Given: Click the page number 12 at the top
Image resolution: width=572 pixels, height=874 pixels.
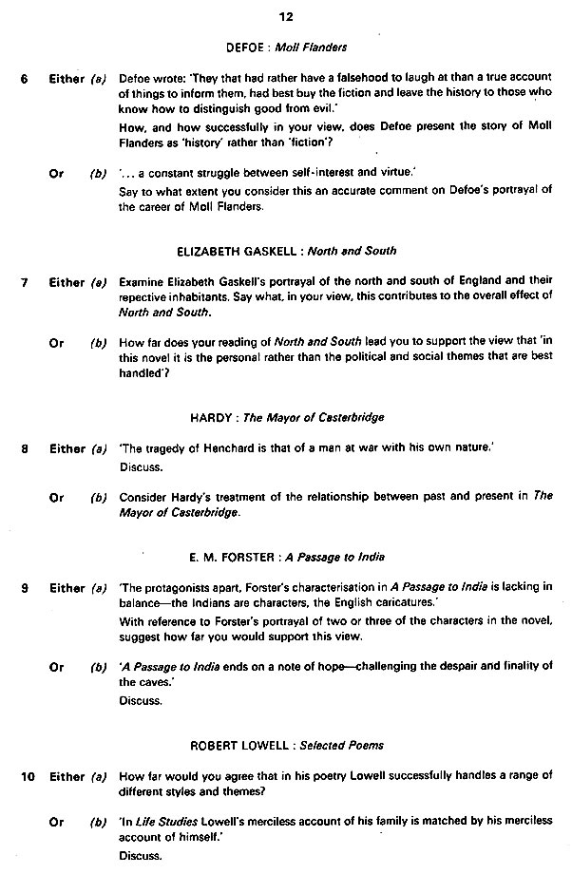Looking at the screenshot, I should [x=286, y=14].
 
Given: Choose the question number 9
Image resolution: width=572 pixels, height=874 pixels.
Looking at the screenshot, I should [x=25, y=588].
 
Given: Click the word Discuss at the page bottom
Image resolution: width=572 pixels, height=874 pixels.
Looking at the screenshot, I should [x=140, y=855].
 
